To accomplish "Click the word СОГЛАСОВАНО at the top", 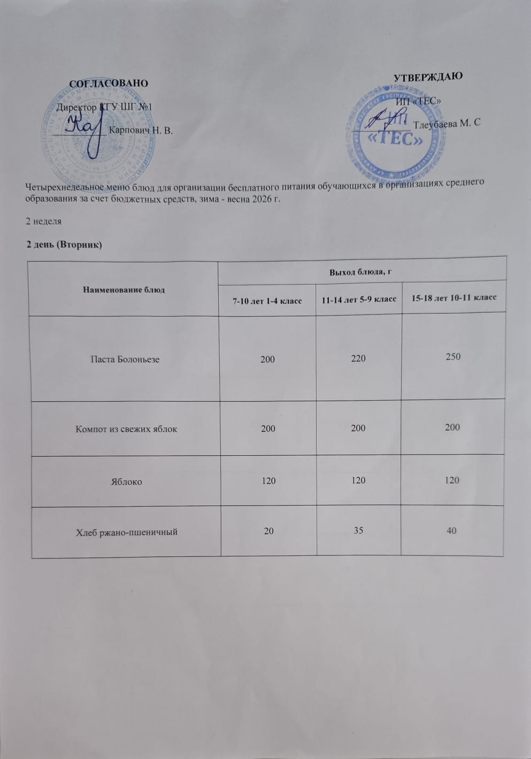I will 109,83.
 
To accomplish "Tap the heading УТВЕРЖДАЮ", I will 428,76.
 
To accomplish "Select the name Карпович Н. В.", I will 141,130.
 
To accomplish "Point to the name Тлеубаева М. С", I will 447,123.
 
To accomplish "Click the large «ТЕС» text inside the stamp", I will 394,139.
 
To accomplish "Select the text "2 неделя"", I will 44,221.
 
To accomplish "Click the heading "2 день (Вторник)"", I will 64,244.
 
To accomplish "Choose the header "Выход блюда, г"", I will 361,271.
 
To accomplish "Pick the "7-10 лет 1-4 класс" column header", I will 267,301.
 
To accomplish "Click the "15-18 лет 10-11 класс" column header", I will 453,297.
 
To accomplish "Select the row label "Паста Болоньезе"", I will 125,359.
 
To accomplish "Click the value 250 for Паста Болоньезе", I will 453,356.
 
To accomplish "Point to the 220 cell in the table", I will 358,358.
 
